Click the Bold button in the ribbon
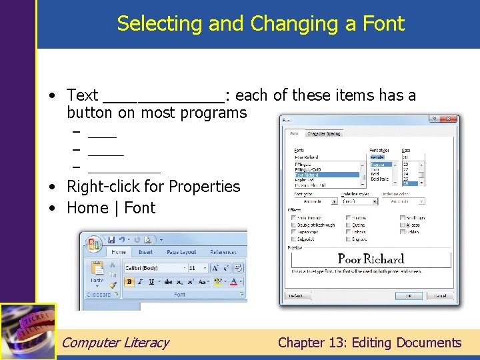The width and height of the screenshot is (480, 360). point(129,282)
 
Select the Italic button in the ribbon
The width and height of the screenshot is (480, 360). point(141,282)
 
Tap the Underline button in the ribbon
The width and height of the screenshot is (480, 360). point(152,282)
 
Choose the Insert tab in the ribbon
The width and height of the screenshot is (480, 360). point(145,252)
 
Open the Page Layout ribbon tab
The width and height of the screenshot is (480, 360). point(181,252)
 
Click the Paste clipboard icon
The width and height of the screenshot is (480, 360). point(97,270)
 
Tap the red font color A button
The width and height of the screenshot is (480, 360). point(233,282)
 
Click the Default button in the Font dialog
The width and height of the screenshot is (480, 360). point(297,296)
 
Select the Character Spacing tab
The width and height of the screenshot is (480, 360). point(323,133)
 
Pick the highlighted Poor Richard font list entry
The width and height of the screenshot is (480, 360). point(327,175)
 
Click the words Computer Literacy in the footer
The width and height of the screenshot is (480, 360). point(115,343)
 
